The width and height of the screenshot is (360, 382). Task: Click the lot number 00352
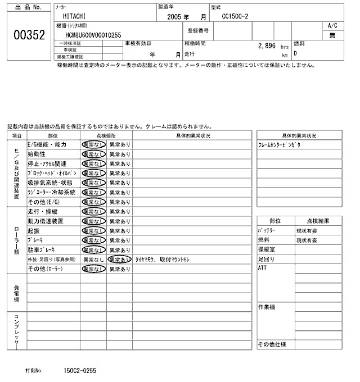click(28, 35)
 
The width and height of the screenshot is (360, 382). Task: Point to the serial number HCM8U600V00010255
click(93, 35)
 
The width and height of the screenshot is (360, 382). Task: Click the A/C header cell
click(332, 26)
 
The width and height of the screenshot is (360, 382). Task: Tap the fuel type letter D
click(296, 54)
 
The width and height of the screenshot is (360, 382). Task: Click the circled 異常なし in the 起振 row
click(93, 230)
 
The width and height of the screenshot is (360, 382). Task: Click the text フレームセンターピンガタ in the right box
click(280, 144)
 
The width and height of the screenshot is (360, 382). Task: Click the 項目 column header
click(17, 135)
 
